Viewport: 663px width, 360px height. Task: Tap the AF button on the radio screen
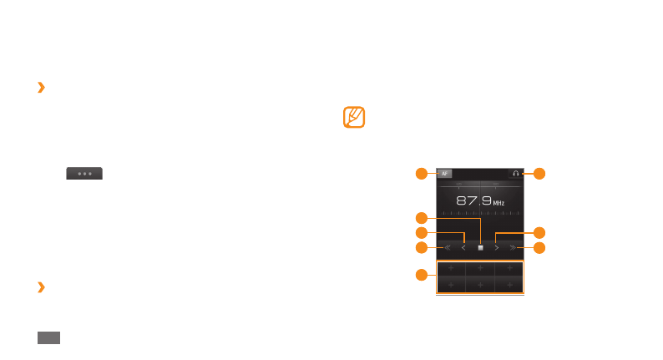pyautogui.click(x=444, y=174)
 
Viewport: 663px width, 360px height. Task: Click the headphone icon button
pyautogui.click(x=515, y=174)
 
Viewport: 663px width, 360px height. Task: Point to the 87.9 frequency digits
pyautogui.click(x=473, y=200)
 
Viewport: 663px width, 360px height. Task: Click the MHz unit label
pyautogui.click(x=499, y=203)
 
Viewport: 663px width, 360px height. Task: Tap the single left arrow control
pyautogui.click(x=463, y=248)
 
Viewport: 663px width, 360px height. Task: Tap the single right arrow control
pyautogui.click(x=496, y=248)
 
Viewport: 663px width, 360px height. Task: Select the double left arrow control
pyautogui.click(x=448, y=248)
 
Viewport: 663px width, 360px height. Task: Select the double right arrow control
pyautogui.click(x=513, y=248)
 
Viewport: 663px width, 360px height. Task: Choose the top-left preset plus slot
pyautogui.click(x=451, y=269)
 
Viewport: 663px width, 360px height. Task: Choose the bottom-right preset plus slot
pyautogui.click(x=509, y=285)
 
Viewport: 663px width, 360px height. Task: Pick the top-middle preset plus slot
pyautogui.click(x=480, y=269)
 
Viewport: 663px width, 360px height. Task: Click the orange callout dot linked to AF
pyautogui.click(x=422, y=174)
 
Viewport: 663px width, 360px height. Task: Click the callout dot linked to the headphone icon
pyautogui.click(x=539, y=174)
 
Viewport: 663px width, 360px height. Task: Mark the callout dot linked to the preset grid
pyautogui.click(x=422, y=275)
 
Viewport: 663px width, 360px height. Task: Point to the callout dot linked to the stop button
pyautogui.click(x=422, y=217)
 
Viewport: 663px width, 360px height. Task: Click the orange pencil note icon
pyautogui.click(x=355, y=117)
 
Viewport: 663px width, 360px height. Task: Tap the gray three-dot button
pyautogui.click(x=84, y=174)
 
